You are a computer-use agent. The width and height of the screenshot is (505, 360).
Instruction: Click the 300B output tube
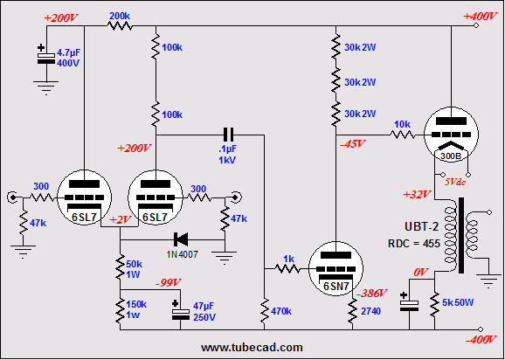(x=451, y=135)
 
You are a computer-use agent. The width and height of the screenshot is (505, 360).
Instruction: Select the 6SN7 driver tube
(x=336, y=269)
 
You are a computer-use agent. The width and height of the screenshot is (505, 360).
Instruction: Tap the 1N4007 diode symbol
(x=180, y=239)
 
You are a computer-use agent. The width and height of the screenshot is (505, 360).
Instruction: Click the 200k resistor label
(x=120, y=16)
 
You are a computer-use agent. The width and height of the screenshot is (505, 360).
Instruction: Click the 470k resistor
(x=265, y=311)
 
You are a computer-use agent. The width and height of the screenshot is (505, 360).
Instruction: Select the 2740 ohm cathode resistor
(x=352, y=311)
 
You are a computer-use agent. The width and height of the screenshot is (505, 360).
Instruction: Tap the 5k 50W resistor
(x=434, y=304)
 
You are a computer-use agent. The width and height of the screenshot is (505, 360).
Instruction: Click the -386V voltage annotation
(x=373, y=293)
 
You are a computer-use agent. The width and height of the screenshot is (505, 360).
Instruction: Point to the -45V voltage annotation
(x=353, y=144)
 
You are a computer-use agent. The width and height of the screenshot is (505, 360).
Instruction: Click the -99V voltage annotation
(x=168, y=282)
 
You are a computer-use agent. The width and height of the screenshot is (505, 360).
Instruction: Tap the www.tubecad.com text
(x=252, y=348)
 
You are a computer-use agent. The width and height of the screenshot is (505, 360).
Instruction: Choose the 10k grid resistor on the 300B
(x=403, y=135)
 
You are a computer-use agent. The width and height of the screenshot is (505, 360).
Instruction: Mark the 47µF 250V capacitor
(x=180, y=311)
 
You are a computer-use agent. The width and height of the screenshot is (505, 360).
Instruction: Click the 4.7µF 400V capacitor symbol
(x=46, y=55)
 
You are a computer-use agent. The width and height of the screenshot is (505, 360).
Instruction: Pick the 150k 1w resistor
(x=120, y=311)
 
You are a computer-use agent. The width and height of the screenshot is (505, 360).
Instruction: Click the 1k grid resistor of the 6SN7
(x=288, y=268)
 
